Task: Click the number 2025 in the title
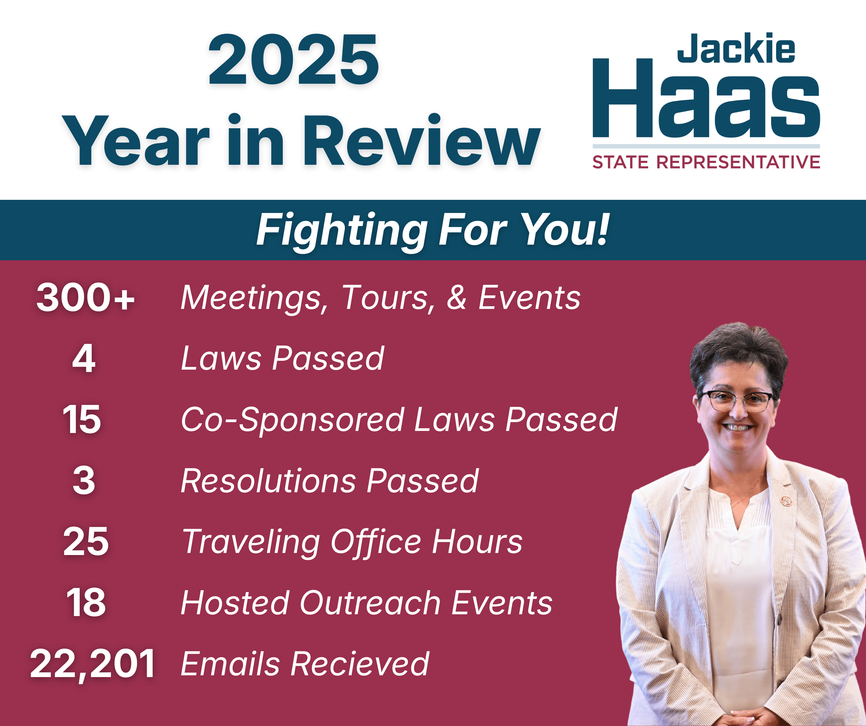tap(293, 60)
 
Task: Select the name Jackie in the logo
tap(736, 48)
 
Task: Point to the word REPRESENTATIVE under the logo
tap(738, 162)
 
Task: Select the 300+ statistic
tap(86, 297)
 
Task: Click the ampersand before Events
tap(457, 297)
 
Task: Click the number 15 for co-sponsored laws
tap(82, 419)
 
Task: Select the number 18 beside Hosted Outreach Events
tap(86, 603)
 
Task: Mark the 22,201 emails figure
tap(92, 664)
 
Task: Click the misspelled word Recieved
tap(360, 664)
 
